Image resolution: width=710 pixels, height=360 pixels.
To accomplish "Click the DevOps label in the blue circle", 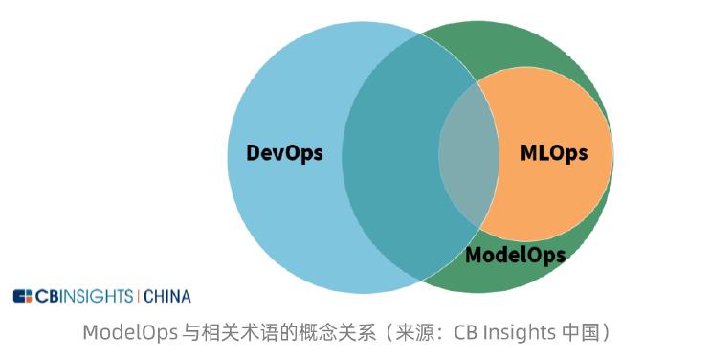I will click(284, 153).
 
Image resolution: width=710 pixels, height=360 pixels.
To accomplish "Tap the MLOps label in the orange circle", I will click(553, 153).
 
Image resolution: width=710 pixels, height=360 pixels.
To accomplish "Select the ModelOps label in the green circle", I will click(515, 255).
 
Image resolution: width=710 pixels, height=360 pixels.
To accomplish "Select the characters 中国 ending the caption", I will click(584, 332).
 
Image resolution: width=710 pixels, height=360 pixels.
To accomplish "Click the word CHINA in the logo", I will click(167, 296).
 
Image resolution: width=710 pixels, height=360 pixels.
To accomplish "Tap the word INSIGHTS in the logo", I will click(99, 296).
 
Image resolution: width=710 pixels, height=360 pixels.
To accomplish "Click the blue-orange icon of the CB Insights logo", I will click(23, 296).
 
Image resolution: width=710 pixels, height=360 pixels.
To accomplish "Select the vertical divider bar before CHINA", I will click(139, 296).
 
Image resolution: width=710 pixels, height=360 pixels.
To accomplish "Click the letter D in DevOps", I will click(254, 153).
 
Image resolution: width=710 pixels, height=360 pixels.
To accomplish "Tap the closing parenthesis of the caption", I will click(606, 332).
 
